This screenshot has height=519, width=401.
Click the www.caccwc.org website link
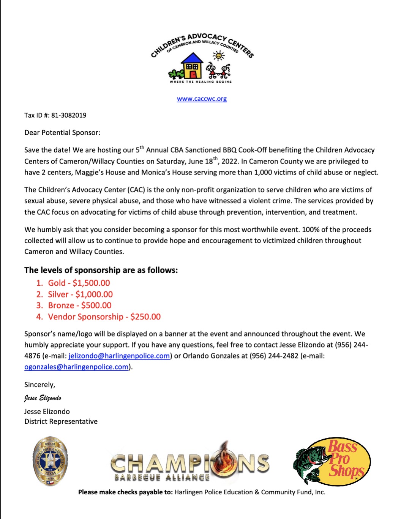pyautogui.click(x=202, y=99)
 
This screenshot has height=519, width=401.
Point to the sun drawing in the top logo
pyautogui.click(x=218, y=56)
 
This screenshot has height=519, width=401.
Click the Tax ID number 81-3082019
pyautogui.click(x=69, y=115)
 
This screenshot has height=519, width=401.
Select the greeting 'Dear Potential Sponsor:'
pyautogui.click(x=62, y=133)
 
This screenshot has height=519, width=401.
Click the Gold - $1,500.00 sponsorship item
pyautogui.click(x=79, y=283)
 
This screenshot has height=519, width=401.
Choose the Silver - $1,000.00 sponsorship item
pyautogui.click(x=80, y=294)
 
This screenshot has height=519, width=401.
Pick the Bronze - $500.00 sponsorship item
pyautogui.click(x=80, y=305)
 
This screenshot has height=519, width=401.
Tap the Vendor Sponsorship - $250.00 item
pyautogui.click(x=104, y=317)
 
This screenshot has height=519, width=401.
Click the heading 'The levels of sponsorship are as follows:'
pyautogui.click(x=101, y=270)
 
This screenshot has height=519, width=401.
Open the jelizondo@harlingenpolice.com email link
pyautogui.click(x=119, y=356)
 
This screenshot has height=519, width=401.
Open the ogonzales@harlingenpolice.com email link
pyautogui.click(x=76, y=367)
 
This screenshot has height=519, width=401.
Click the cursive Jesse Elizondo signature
pyautogui.click(x=43, y=398)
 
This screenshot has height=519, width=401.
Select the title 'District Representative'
pyautogui.click(x=61, y=421)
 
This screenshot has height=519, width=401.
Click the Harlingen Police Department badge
pyautogui.click(x=50, y=461)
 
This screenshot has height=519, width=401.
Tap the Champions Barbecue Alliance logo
pyautogui.click(x=190, y=462)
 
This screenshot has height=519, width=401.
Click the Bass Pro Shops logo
pyautogui.click(x=332, y=461)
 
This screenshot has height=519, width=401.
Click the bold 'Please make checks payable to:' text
pyautogui.click(x=125, y=492)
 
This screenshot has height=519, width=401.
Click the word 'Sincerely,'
pyautogui.click(x=39, y=385)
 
